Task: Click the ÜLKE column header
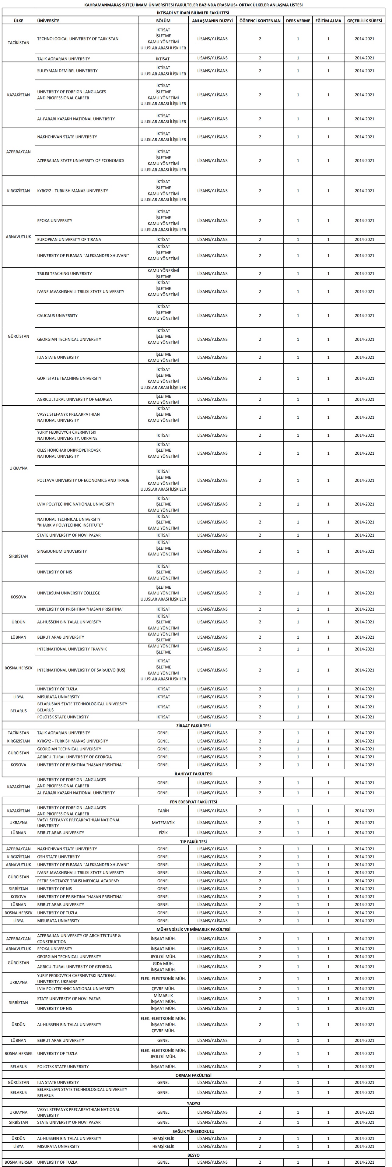(19, 21)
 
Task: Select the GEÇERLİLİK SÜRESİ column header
(364, 21)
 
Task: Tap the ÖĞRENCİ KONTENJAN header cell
(260, 21)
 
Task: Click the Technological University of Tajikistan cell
(78, 39)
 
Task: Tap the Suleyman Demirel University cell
(68, 71)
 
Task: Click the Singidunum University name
(62, 551)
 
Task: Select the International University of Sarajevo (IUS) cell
(82, 670)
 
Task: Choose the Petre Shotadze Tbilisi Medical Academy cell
(78, 881)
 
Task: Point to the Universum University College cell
(69, 593)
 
